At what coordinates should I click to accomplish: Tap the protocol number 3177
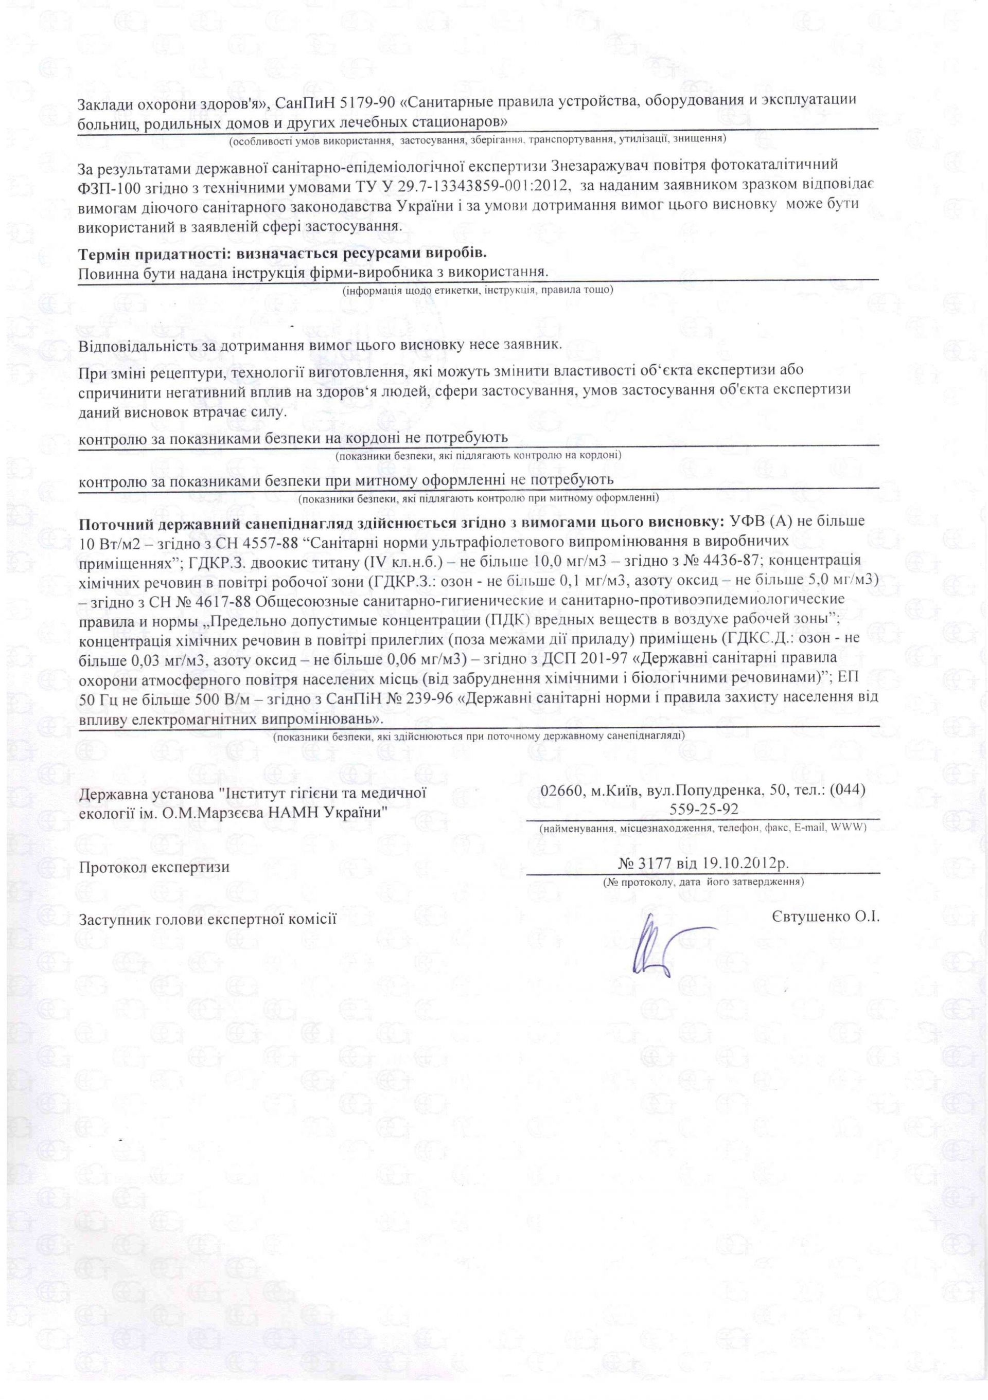(655, 864)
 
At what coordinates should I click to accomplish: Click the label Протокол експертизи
(154, 867)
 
